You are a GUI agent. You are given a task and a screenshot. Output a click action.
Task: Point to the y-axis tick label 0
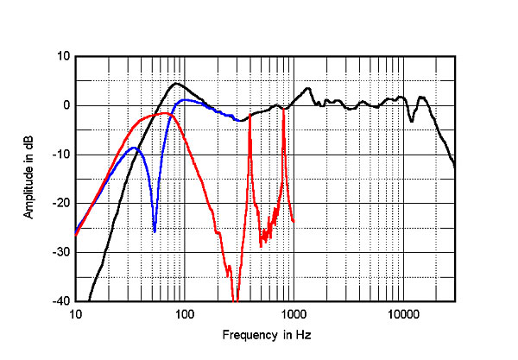[65, 105]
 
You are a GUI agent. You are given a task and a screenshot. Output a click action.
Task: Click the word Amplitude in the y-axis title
[28, 191]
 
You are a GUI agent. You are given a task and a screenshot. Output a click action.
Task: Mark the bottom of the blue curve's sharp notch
[155, 231]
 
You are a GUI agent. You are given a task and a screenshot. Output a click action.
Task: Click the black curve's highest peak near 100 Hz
[176, 84]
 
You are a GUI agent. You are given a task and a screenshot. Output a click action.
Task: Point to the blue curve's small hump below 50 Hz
[133, 148]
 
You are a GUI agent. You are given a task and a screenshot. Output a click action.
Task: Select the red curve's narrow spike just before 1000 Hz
[282, 108]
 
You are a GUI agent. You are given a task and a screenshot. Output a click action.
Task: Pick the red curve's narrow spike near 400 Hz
[250, 116]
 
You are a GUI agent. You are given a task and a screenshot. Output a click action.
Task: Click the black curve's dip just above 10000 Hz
[412, 121]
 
